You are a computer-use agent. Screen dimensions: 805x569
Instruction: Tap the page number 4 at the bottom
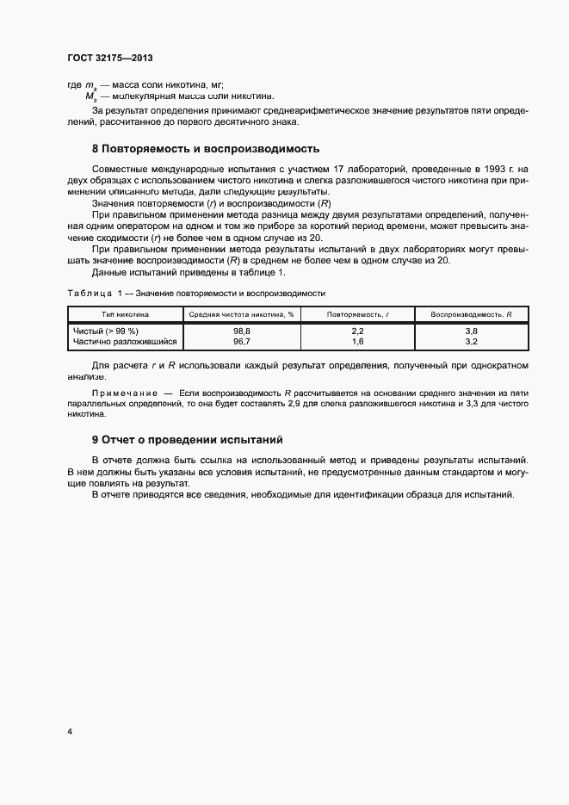pos(70,732)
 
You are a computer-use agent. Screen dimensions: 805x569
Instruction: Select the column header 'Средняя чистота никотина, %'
pos(241,315)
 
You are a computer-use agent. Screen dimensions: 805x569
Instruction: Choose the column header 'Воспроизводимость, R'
pos(471,315)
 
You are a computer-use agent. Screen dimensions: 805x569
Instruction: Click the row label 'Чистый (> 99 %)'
pos(108,331)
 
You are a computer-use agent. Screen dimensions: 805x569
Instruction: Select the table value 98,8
pos(241,331)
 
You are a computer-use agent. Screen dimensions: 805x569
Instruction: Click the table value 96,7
pos(241,342)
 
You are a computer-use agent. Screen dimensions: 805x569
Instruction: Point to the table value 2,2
pos(358,331)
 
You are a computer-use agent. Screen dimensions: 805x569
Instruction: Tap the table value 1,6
pos(358,342)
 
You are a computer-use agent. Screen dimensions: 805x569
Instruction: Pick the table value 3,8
pos(471,331)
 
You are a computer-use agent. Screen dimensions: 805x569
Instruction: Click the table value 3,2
pos(471,342)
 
